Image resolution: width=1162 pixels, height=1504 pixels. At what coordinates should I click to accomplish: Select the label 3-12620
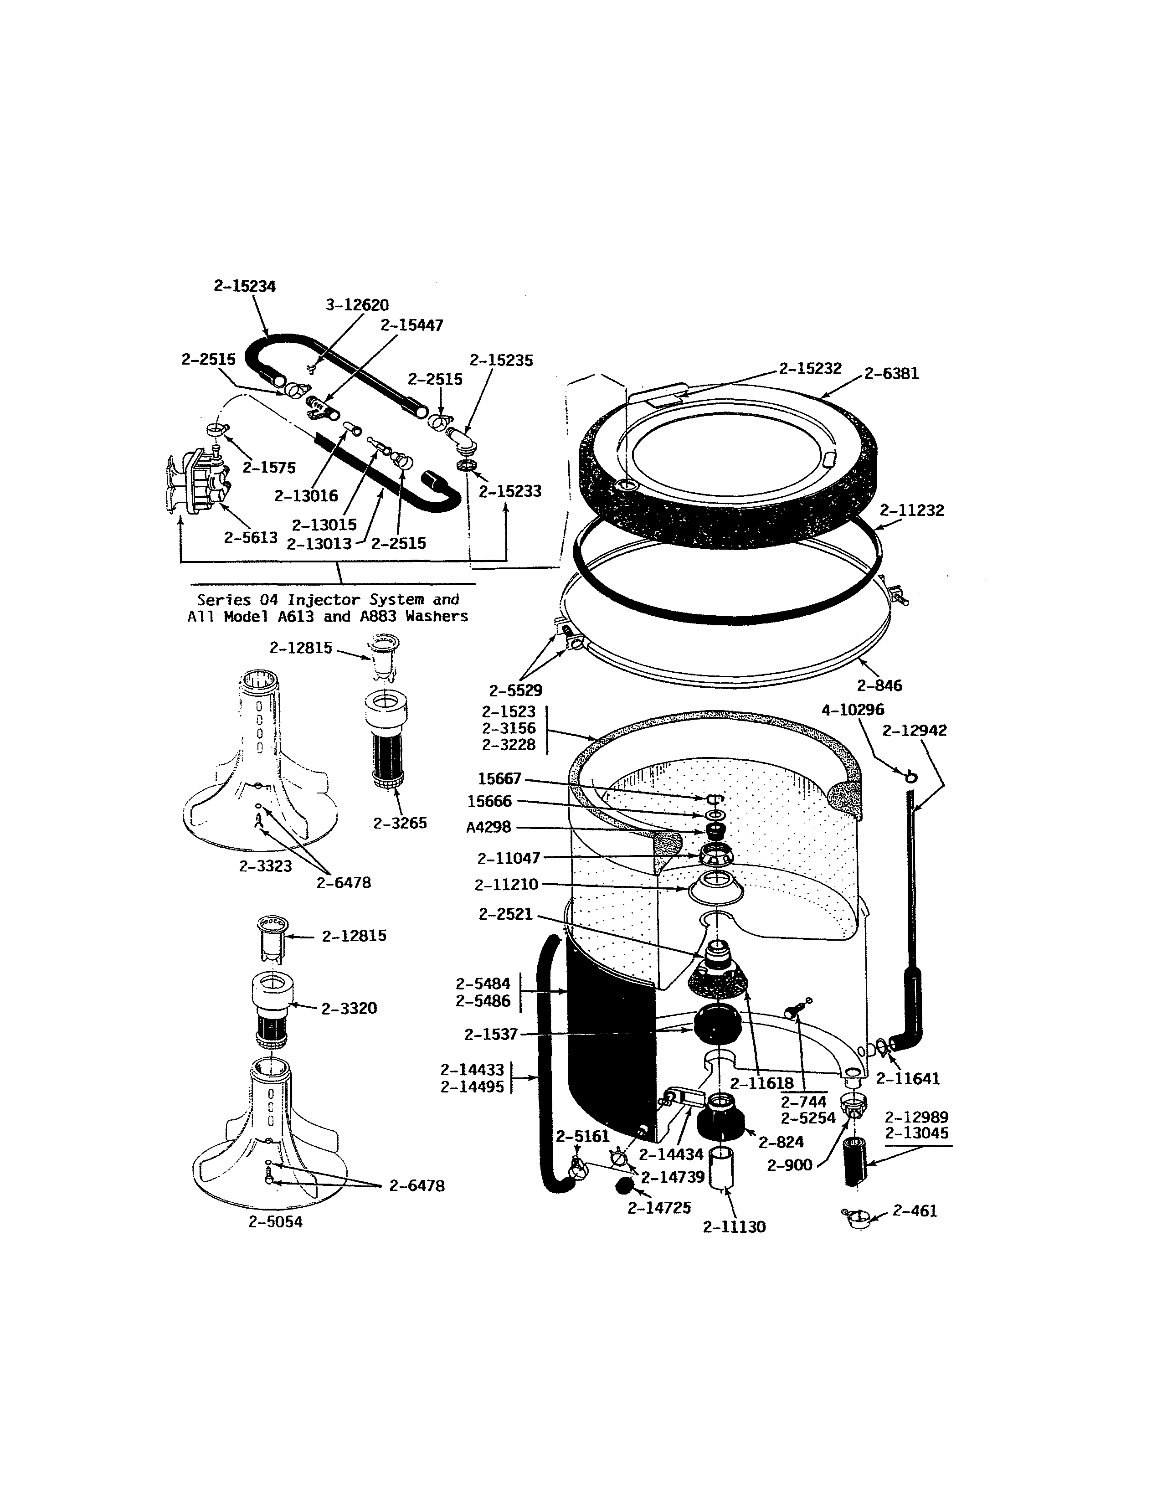(x=357, y=304)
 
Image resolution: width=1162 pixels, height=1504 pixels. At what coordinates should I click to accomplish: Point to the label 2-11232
(x=912, y=510)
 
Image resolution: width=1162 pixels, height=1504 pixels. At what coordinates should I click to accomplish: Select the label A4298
(x=489, y=828)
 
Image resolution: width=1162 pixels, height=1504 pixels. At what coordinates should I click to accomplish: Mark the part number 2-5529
(x=515, y=690)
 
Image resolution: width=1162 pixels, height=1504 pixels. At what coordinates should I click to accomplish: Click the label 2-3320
(x=349, y=1008)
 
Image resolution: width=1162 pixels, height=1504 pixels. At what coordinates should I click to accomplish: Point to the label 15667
(x=500, y=779)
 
